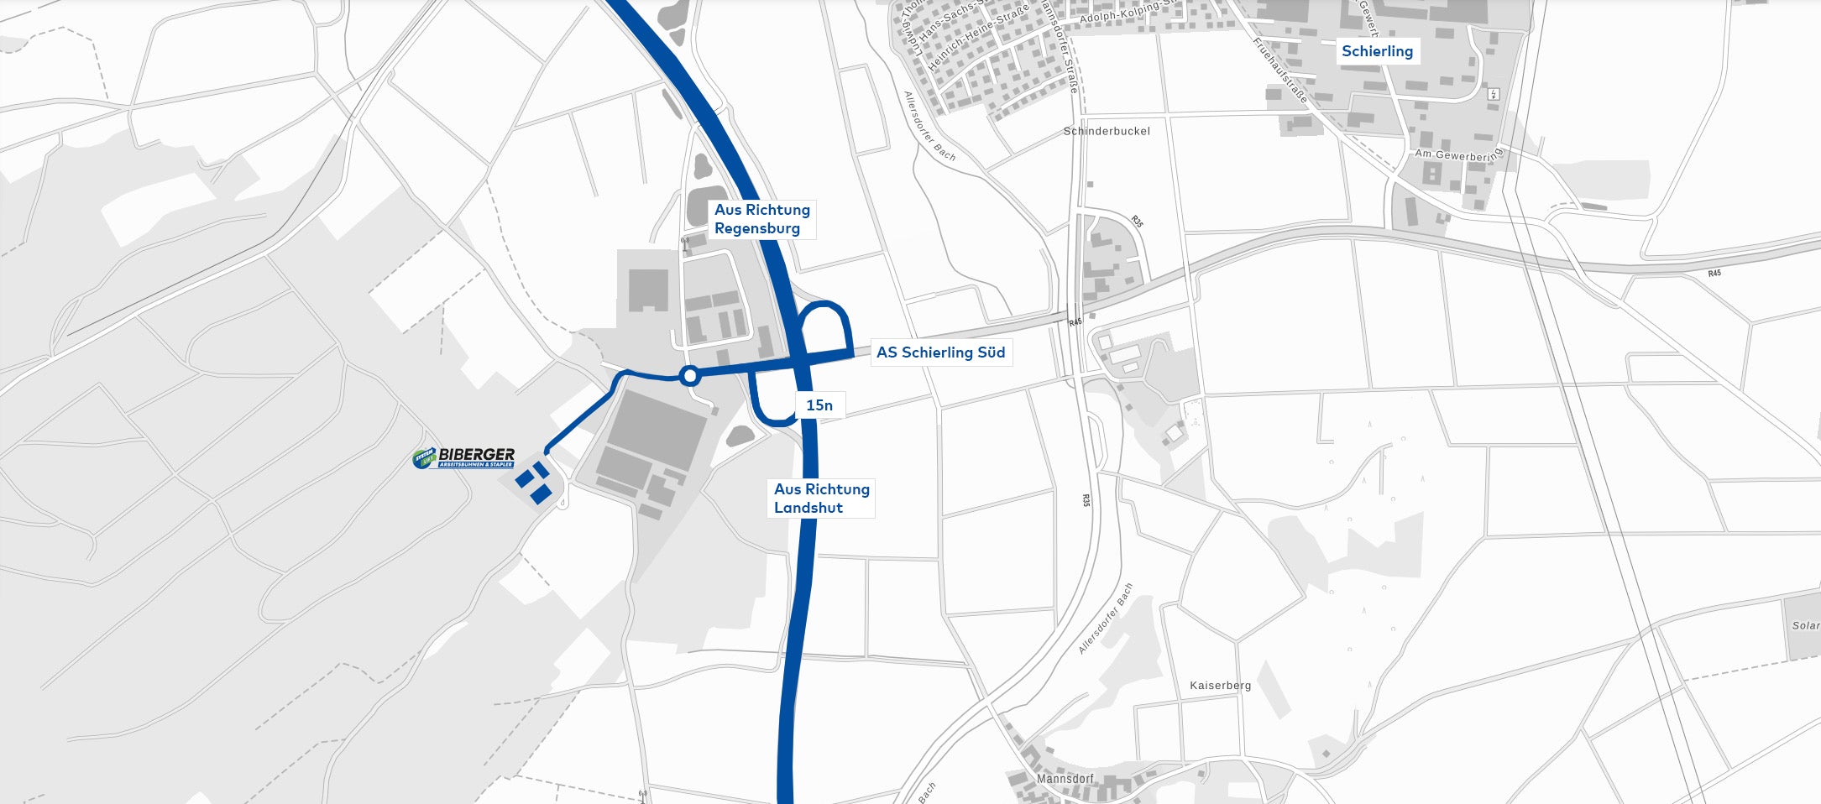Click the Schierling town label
1377,51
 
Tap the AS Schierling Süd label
940,352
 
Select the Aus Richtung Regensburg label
761,219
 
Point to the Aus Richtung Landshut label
821,499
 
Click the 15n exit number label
819,406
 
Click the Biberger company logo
464,457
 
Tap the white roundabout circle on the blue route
689,376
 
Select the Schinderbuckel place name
1107,132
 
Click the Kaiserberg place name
1220,686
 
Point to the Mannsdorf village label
1065,779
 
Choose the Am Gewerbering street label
1457,155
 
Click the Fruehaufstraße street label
1280,70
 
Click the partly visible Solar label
1805,626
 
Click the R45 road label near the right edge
1714,274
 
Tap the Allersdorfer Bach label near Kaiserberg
1106,619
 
